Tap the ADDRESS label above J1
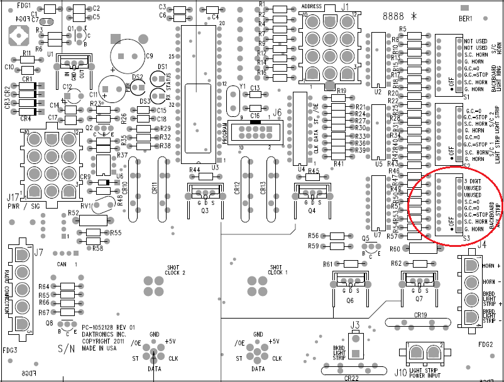(x=312, y=6)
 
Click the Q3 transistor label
(x=204, y=211)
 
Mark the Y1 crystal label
(x=242, y=86)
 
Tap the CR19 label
(x=420, y=315)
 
